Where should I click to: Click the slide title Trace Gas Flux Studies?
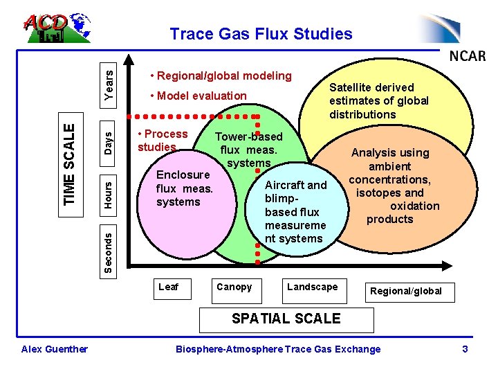tap(261, 34)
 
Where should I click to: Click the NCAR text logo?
tap(468, 55)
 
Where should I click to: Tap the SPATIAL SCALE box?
tap(286, 319)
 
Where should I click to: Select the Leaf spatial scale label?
tap(169, 287)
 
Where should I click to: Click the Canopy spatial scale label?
tap(234, 287)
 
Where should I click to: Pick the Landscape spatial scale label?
tap(313, 287)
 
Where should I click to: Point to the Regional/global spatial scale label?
tap(406, 291)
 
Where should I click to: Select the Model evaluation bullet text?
tap(199, 96)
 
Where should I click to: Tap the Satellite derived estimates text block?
tap(378, 100)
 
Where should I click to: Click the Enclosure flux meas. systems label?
tap(184, 188)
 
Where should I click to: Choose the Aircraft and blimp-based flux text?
tap(295, 211)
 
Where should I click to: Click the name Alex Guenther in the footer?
tap(55, 349)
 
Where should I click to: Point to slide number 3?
tap(465, 349)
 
